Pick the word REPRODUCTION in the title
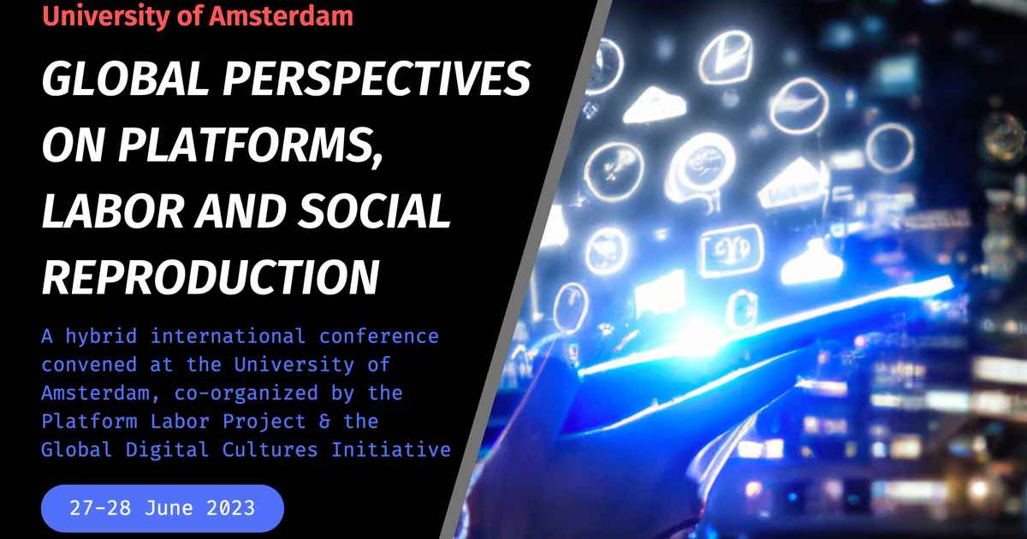point(210,275)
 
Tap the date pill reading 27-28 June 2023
point(162,507)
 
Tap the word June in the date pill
point(171,507)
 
